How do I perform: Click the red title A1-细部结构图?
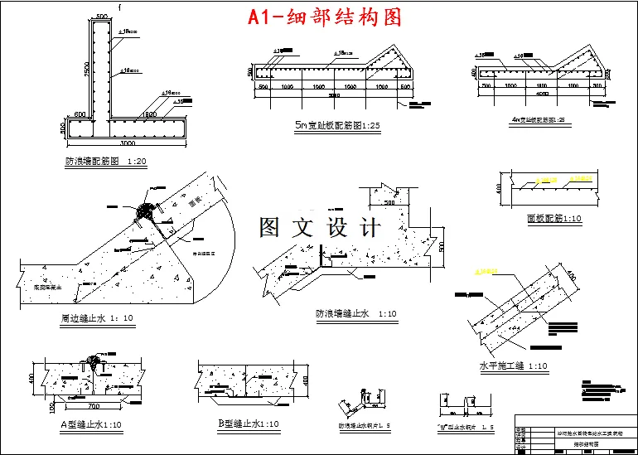point(325,17)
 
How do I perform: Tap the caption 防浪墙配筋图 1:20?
point(104,162)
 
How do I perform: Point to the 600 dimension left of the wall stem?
point(80,114)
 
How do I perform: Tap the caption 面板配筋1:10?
point(553,220)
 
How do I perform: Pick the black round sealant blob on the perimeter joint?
point(147,211)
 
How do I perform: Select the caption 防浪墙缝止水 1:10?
point(356,314)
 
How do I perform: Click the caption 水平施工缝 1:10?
point(513,365)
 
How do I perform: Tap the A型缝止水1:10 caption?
point(90,424)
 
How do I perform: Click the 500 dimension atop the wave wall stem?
point(101,17)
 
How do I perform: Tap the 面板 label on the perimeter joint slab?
point(196,200)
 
